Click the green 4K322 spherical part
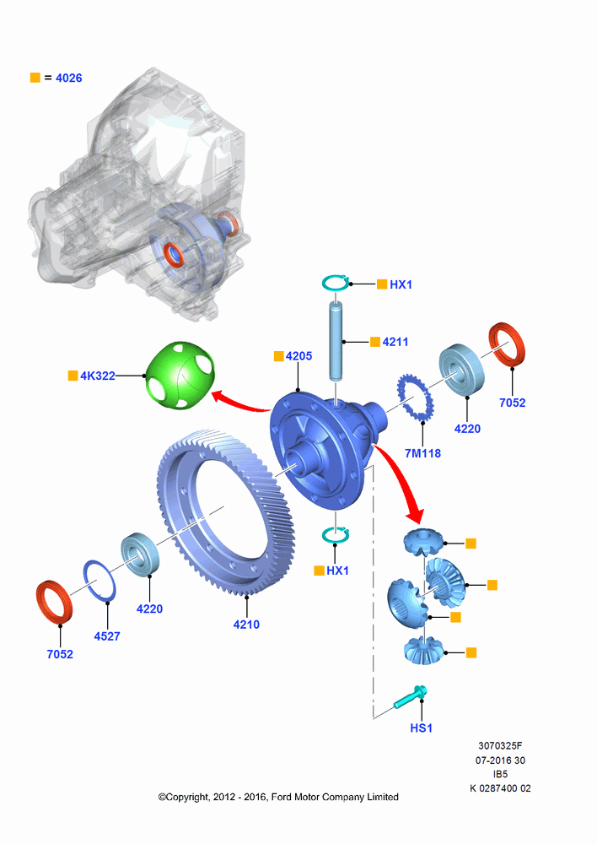(x=180, y=375)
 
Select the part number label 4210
(x=246, y=625)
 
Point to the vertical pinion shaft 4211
(x=336, y=342)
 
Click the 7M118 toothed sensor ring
(x=415, y=403)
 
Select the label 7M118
(x=422, y=453)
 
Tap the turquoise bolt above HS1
(x=411, y=696)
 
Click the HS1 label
(x=421, y=728)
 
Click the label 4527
(x=107, y=636)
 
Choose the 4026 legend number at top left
(x=69, y=78)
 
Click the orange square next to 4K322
(x=73, y=376)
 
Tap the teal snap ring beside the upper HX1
(x=336, y=283)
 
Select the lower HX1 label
(x=338, y=571)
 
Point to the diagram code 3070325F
(x=500, y=745)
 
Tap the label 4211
(x=395, y=342)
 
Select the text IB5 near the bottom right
(x=500, y=774)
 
